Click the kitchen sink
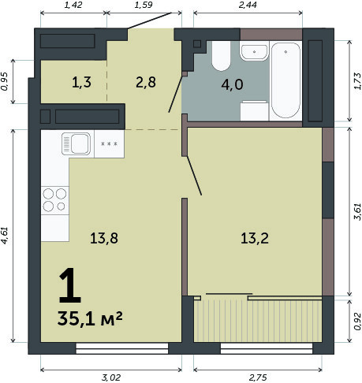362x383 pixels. (76, 143)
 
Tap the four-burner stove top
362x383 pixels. (54, 200)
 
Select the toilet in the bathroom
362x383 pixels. (221, 56)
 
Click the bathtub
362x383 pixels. (285, 80)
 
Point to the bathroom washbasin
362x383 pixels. (254, 52)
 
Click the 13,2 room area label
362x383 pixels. (255, 239)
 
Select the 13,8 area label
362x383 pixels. (104, 239)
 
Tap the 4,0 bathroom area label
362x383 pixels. (232, 85)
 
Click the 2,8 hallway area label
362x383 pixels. (146, 83)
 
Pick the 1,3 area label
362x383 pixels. (81, 83)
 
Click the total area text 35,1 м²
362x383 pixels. (90, 318)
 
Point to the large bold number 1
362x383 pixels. (69, 285)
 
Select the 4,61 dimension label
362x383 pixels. (6, 236)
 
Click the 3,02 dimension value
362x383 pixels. (111, 377)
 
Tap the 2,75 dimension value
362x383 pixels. (258, 377)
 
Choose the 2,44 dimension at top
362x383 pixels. (248, 5)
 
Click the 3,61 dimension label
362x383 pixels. (357, 211)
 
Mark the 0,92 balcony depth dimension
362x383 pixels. (357, 321)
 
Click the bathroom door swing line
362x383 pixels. (175, 95)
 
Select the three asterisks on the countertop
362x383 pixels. (110, 143)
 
